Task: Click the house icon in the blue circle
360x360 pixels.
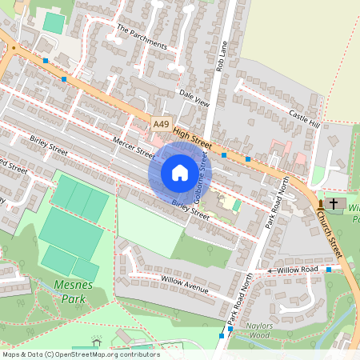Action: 180,172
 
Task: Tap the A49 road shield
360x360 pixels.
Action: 162,124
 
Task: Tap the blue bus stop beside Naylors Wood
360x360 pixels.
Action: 230,329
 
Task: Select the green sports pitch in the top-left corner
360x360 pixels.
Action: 54,22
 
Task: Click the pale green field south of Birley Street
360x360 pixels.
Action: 149,227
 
